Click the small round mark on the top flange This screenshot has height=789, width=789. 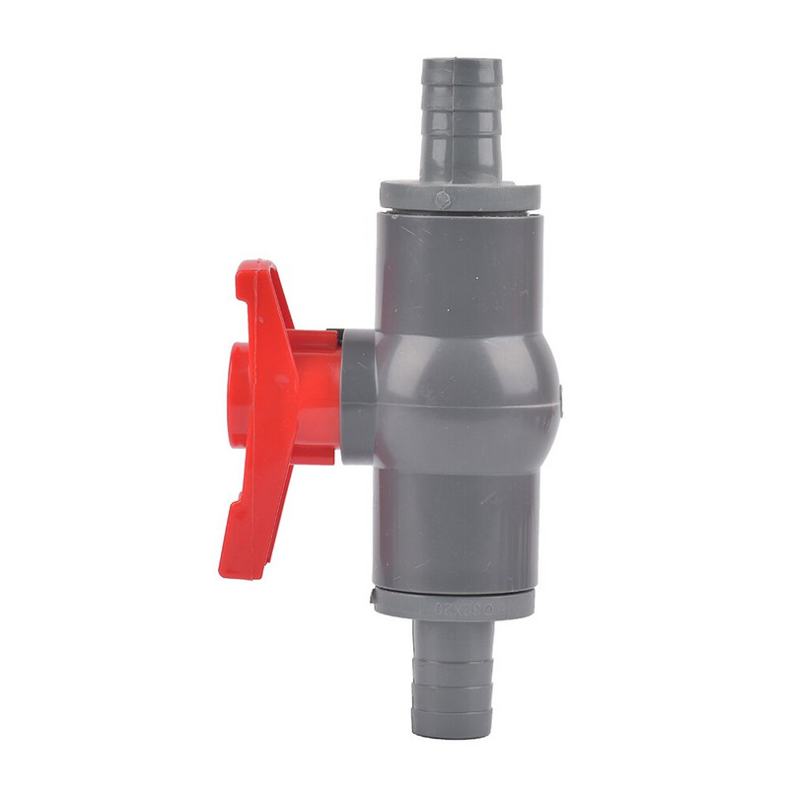tap(443, 199)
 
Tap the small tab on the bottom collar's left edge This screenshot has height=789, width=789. tap(376, 594)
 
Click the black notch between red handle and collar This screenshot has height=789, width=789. tap(338, 337)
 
